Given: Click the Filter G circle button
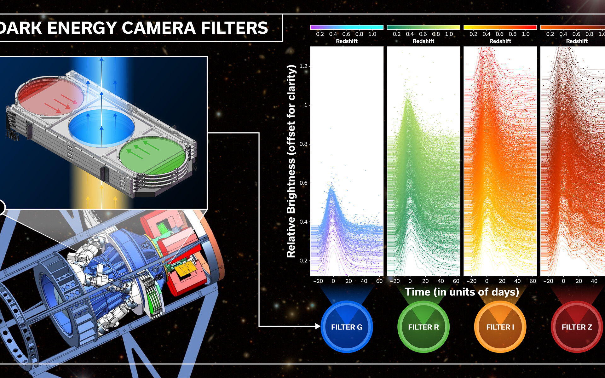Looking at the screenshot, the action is pyautogui.click(x=347, y=327).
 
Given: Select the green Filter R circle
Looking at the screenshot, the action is pyautogui.click(x=423, y=327).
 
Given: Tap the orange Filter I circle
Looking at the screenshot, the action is pyautogui.click(x=500, y=327).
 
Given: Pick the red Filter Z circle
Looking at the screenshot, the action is pyautogui.click(x=577, y=327).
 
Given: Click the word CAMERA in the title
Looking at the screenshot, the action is pyautogui.click(x=158, y=28).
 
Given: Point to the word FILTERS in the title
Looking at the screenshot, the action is pyautogui.click(x=234, y=28).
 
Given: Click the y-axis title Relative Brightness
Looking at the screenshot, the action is pyautogui.click(x=291, y=161).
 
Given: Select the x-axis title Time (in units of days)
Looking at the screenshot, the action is pyautogui.click(x=462, y=292).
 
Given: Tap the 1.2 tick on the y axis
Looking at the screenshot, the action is pyautogui.click(x=303, y=66).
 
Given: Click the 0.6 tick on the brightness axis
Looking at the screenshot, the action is pyautogui.click(x=303, y=183).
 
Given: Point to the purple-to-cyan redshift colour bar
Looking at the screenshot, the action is pyautogui.click(x=347, y=27).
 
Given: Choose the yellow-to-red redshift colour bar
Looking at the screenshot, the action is pyautogui.click(x=500, y=27).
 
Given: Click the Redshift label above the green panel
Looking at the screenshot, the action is pyautogui.click(x=423, y=41).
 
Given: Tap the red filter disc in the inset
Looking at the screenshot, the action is pyautogui.click(x=50, y=95).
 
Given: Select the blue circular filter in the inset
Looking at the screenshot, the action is pyautogui.click(x=101, y=128).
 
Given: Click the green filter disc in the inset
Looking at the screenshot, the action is pyautogui.click(x=153, y=156).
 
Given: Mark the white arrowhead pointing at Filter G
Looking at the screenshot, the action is pyautogui.click(x=318, y=326).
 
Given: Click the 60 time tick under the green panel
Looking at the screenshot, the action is pyautogui.click(x=456, y=281).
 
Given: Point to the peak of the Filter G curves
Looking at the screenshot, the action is pyautogui.click(x=331, y=188).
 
